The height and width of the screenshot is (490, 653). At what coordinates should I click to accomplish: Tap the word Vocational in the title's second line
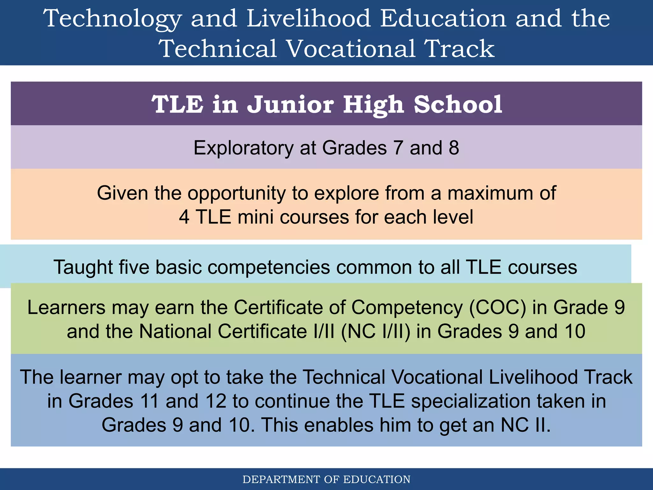(351, 49)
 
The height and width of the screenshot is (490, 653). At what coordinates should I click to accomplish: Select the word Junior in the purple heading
(290, 104)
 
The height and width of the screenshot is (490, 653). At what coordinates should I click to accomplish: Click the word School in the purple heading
(458, 104)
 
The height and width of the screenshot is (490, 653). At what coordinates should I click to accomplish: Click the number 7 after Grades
(398, 148)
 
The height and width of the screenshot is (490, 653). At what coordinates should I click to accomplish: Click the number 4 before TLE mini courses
(184, 217)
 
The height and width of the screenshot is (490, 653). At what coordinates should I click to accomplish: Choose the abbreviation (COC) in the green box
(497, 308)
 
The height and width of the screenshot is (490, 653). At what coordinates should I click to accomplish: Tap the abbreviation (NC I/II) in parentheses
(376, 331)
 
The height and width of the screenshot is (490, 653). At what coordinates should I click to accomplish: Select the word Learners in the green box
(66, 308)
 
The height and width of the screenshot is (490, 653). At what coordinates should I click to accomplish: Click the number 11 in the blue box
(149, 401)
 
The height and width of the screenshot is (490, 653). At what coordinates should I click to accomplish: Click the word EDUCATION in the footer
(377, 479)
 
